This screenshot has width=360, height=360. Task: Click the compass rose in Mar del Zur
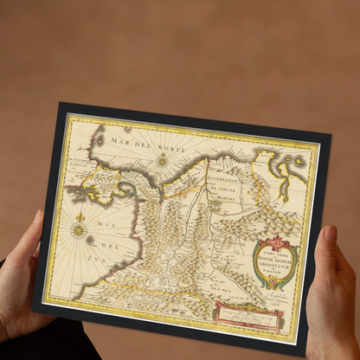(x=79, y=229)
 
